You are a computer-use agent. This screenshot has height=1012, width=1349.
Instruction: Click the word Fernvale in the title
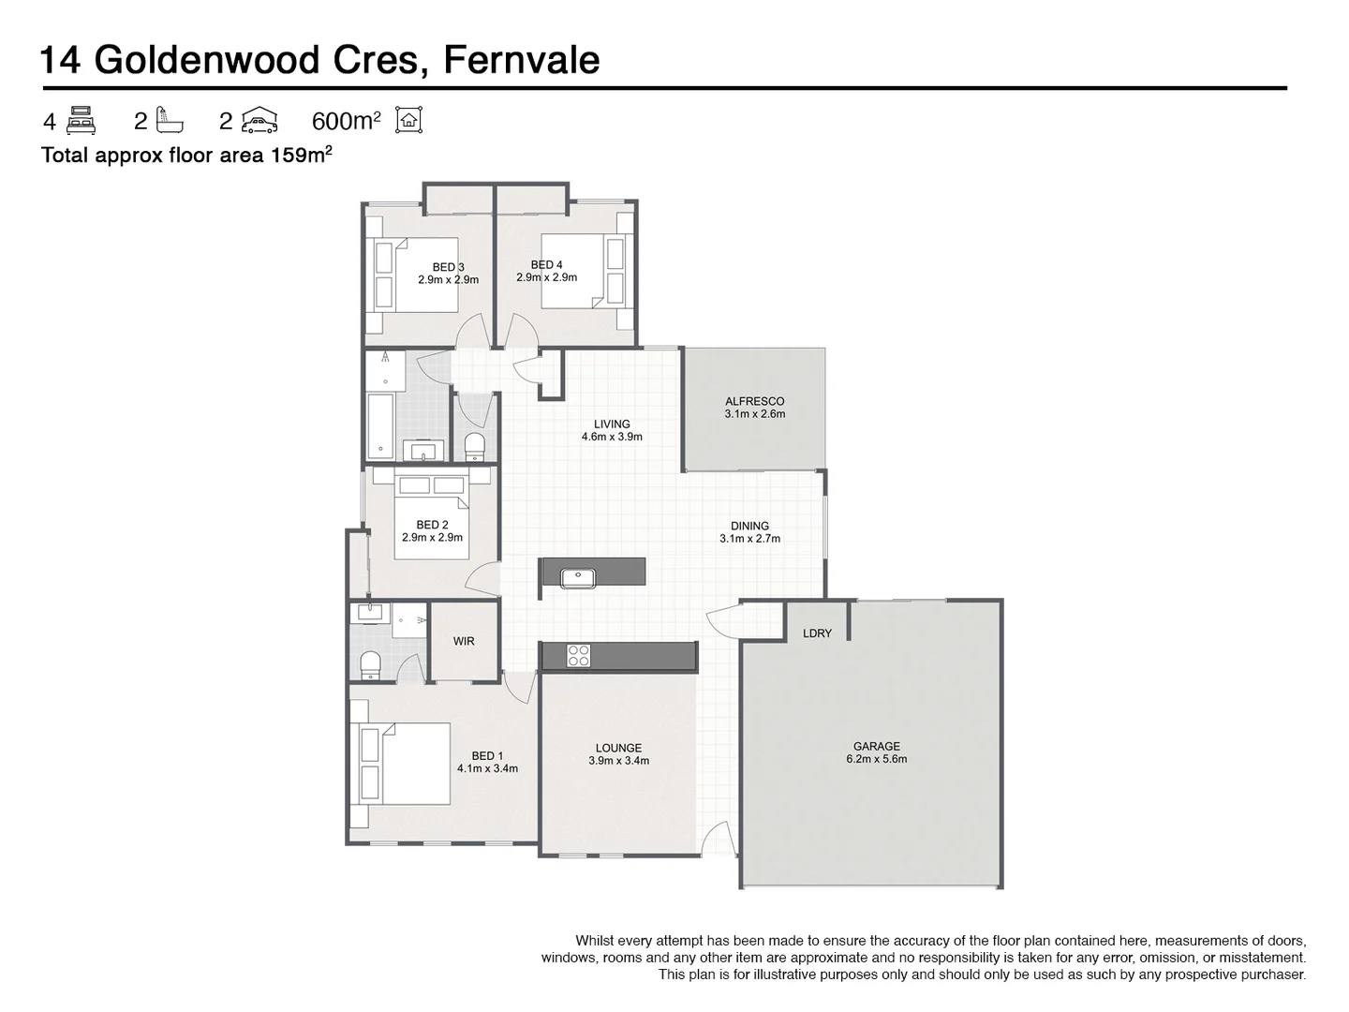click(521, 60)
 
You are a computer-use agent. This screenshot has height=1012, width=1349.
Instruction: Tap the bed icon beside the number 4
click(82, 120)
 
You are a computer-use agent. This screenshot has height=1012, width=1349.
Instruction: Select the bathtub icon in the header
click(170, 120)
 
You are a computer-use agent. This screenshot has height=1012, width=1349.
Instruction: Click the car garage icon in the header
click(259, 120)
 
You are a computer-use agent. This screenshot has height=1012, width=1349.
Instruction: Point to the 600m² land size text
click(346, 121)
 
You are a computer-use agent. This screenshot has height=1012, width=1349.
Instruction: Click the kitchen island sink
click(578, 578)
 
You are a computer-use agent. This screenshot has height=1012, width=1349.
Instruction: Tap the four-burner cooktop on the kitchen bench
click(578, 656)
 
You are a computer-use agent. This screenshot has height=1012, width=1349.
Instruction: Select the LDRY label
click(817, 633)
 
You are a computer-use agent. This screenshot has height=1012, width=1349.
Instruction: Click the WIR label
click(464, 642)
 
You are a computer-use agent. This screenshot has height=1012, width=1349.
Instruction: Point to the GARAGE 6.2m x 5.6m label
click(876, 752)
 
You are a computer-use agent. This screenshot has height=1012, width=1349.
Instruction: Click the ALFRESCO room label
click(754, 401)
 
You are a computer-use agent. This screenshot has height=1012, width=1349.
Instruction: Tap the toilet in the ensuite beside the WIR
click(371, 663)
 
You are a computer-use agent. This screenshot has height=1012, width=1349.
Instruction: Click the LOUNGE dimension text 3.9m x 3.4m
click(618, 761)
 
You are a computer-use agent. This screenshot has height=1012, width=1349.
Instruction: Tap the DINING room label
click(749, 526)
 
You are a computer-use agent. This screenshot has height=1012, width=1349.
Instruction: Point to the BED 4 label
click(546, 265)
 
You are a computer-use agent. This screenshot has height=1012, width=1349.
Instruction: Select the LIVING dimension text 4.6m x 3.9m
click(612, 437)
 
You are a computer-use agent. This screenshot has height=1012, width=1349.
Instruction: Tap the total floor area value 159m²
click(302, 156)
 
